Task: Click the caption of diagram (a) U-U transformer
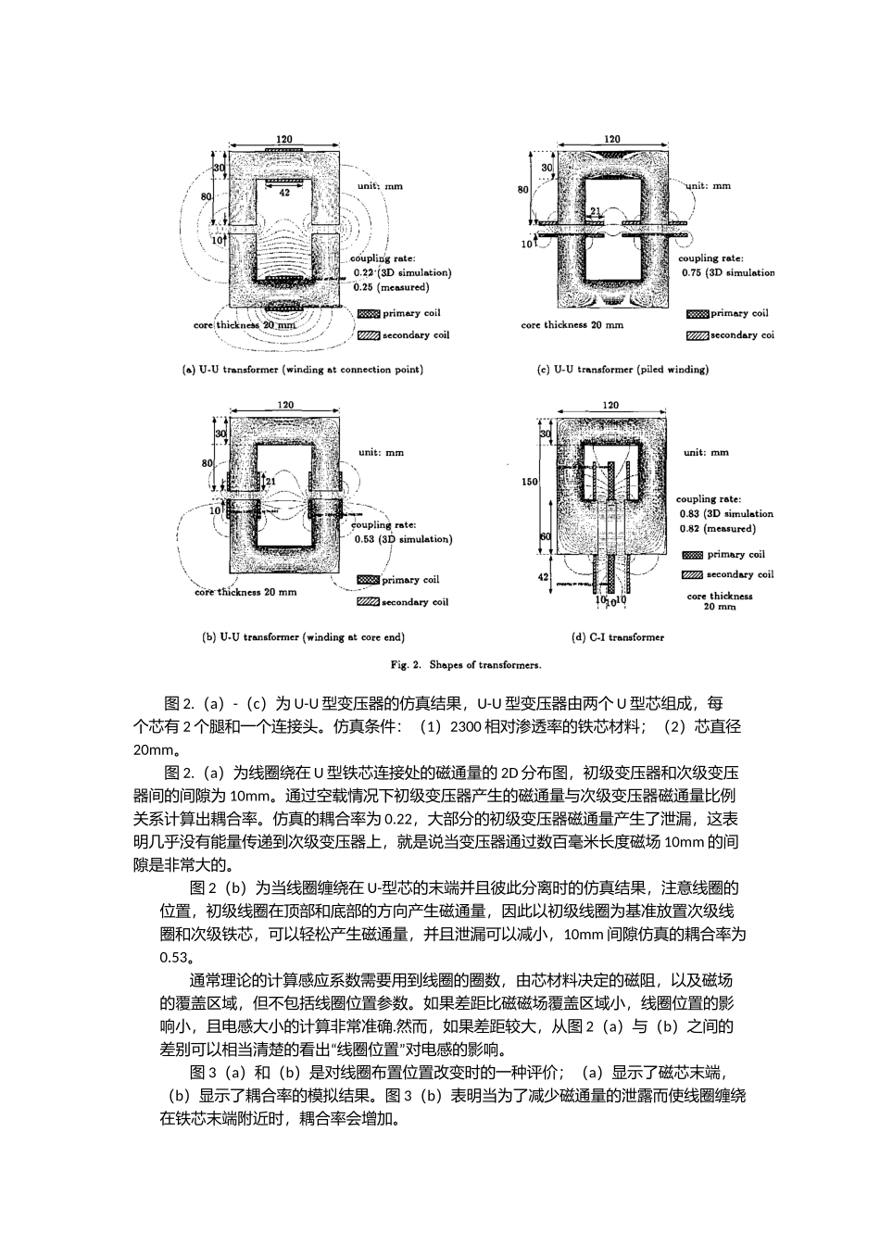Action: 303,370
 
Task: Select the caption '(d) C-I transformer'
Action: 618,637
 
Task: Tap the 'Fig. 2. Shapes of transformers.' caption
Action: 467,664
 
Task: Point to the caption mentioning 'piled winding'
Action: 622,370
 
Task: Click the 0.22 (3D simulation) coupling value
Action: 402,272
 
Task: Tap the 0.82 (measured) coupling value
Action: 717,528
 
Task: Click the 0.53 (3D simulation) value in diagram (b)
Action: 402,539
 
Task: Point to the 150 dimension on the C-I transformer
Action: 529,482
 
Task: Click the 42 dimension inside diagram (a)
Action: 284,193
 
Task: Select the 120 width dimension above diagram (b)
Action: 285,405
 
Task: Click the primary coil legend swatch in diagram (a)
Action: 368,314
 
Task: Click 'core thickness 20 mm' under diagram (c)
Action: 572,325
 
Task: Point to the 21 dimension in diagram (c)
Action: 596,210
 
